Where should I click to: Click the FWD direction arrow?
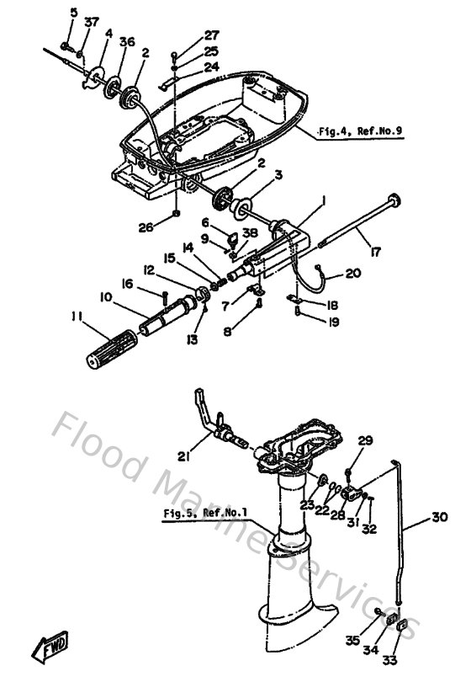[x=50, y=646]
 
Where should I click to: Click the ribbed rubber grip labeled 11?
[x=112, y=349]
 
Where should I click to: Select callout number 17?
[x=375, y=252]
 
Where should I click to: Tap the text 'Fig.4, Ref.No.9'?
[x=360, y=131]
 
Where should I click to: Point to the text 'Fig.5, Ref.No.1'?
[x=205, y=513]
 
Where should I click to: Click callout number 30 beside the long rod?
[x=439, y=517]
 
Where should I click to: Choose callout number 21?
[x=184, y=456]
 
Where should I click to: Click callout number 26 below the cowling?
[x=146, y=227]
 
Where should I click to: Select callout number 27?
[x=212, y=35]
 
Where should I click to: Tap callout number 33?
[x=389, y=660]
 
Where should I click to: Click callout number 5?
[x=74, y=13]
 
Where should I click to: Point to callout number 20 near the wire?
[x=352, y=273]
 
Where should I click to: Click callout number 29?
[x=365, y=440]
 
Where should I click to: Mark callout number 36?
[x=127, y=42]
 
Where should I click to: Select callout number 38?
[x=251, y=233]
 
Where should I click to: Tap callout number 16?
[x=127, y=284]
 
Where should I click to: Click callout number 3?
[x=278, y=175]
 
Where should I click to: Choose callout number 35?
[x=353, y=640]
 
